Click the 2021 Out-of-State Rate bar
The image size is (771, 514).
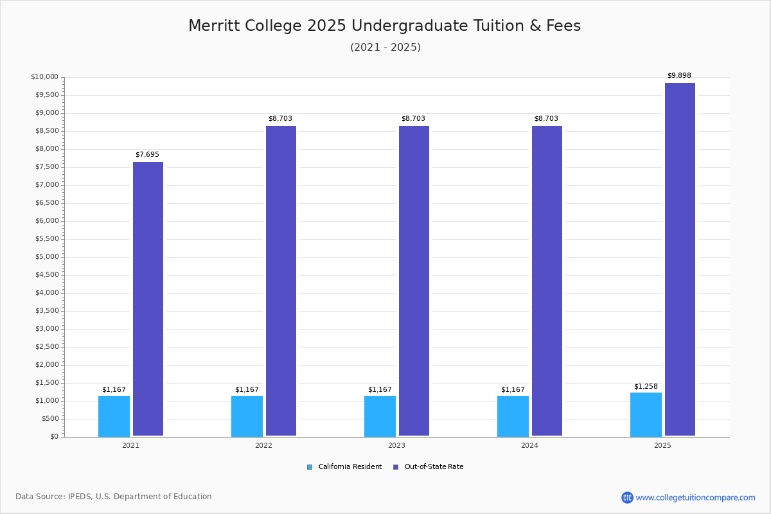pos(148,299)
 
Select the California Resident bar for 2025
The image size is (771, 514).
pos(646,414)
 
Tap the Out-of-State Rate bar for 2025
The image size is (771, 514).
pos(680,260)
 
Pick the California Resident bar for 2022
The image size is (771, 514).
pos(247,416)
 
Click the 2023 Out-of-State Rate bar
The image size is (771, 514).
pos(414,281)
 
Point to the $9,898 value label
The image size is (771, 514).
pos(679,76)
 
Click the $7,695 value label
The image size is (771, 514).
pos(147,155)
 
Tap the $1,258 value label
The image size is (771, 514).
pos(646,386)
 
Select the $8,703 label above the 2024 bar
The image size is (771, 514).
pos(546,119)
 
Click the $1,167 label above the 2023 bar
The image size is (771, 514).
pos(380,390)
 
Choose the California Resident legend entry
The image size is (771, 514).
pos(345,467)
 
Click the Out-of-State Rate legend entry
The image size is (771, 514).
pos(429,467)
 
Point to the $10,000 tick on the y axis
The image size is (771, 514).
pos(44,77)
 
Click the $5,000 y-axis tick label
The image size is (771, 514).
pos(46,257)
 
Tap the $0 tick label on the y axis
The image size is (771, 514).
pos(53,437)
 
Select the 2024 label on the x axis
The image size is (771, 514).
pos(529,445)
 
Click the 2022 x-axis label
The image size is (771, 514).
pos(263,445)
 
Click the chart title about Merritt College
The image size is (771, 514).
pos(384,26)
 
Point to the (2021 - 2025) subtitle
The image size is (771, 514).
pos(385,48)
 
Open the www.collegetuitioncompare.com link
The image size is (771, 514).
pos(695,497)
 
